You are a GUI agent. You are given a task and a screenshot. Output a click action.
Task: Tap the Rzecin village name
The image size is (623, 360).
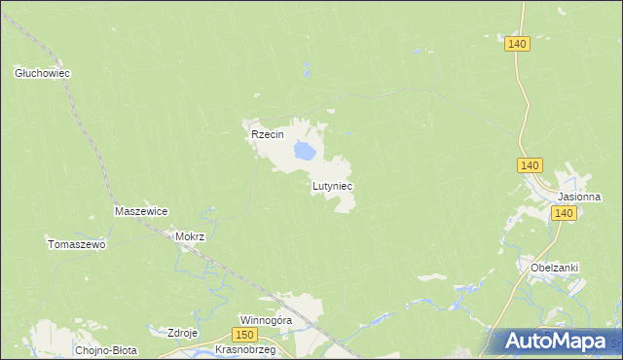(x=267, y=135)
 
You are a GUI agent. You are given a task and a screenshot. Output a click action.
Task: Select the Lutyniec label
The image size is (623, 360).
(x=332, y=185)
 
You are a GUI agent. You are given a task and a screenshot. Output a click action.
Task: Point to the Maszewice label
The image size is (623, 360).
(x=142, y=211)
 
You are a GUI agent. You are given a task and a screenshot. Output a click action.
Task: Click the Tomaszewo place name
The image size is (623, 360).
(x=76, y=244)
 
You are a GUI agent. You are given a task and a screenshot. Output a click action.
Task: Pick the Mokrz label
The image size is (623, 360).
(x=189, y=235)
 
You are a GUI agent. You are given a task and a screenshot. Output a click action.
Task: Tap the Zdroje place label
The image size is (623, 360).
(x=183, y=333)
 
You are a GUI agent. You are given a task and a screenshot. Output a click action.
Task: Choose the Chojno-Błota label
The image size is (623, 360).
(x=106, y=349)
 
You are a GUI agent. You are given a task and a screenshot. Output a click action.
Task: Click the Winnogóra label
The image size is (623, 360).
(x=267, y=319)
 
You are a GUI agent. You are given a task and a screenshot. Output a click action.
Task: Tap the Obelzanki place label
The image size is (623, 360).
(x=555, y=268)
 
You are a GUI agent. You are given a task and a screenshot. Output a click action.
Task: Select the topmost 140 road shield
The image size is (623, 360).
(x=517, y=44)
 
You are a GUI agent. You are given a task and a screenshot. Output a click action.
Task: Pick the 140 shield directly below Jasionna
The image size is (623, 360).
(x=565, y=213)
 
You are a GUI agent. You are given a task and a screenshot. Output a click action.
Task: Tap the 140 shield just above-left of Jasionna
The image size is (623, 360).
(x=530, y=166)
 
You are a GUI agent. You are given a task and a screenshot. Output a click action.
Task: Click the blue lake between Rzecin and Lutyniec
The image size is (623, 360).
(x=304, y=152)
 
